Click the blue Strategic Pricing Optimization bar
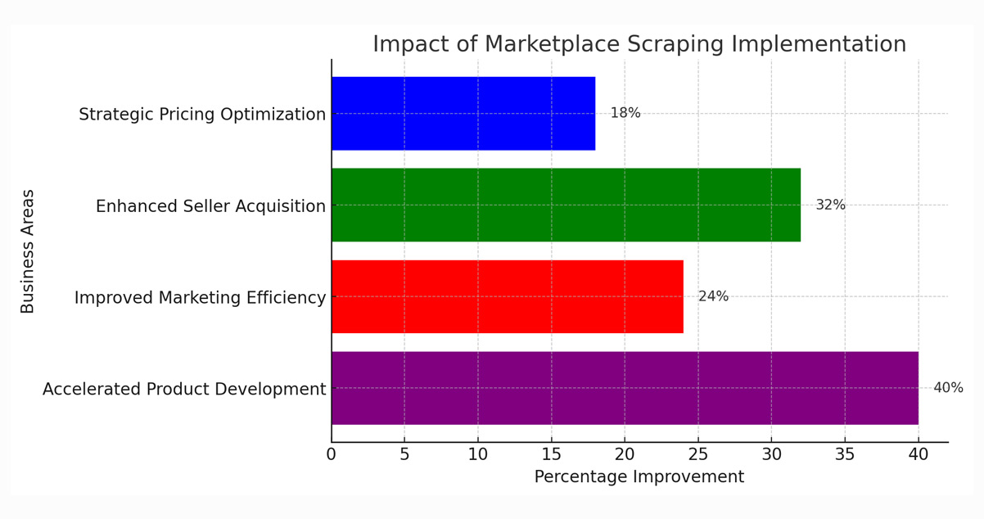click(x=463, y=114)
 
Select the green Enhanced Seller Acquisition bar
click(x=566, y=205)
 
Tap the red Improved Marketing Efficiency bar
click(x=507, y=296)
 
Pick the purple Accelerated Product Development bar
click(x=625, y=388)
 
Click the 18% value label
click(x=625, y=114)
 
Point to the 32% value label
click(x=830, y=205)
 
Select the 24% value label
click(x=713, y=296)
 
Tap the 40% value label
click(x=948, y=388)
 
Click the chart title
click(x=639, y=44)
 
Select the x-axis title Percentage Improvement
click(x=639, y=477)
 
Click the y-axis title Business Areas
click(x=28, y=251)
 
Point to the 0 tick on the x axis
click(x=332, y=454)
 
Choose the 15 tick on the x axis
click(x=551, y=454)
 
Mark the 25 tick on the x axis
click(x=697, y=454)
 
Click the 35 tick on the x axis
click(x=845, y=454)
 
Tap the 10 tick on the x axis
click(x=478, y=454)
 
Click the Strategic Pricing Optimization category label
click(x=202, y=115)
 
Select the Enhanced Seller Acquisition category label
click(x=210, y=206)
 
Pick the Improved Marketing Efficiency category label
click(x=200, y=298)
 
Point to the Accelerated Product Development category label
click(x=184, y=390)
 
